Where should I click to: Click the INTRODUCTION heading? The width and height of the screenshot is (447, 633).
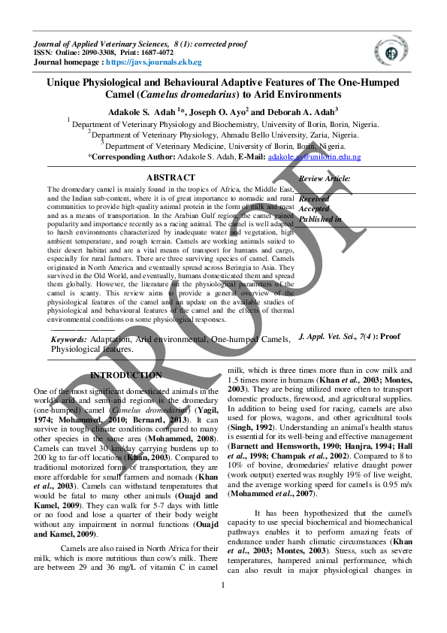(125, 374)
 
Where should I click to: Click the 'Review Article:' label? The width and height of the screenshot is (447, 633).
(325, 178)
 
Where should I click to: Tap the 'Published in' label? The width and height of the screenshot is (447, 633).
(320, 219)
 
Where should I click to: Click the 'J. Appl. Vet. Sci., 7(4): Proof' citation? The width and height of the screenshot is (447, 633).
(349, 338)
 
